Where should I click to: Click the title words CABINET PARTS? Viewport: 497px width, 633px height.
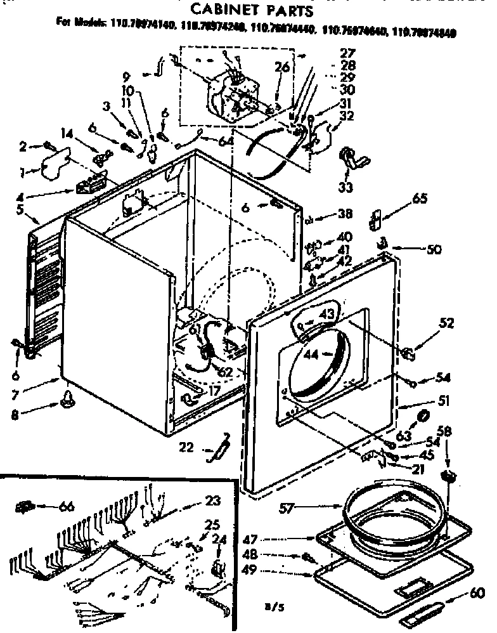252,10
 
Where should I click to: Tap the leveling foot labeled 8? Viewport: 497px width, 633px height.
67,399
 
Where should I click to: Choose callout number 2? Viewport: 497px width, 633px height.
23,147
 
